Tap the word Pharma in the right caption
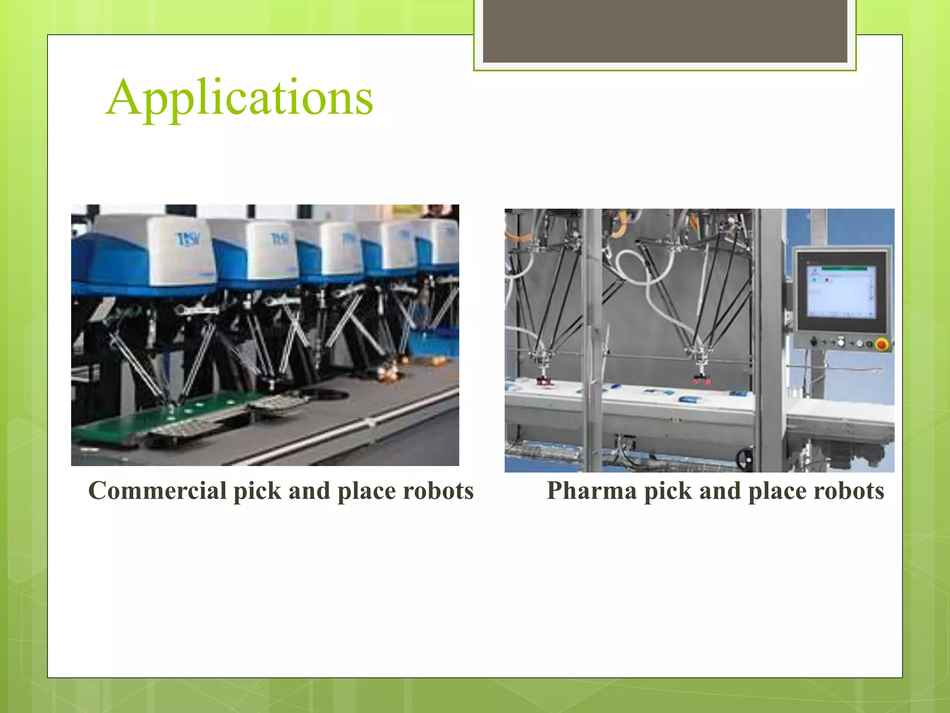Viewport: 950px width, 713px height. (591, 491)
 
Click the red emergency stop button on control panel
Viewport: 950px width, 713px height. (882, 344)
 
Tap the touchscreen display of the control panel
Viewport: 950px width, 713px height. (841, 292)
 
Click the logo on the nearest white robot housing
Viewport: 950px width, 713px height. (188, 240)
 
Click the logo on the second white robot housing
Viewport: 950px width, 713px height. (280, 239)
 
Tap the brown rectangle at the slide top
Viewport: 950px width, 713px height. (665, 31)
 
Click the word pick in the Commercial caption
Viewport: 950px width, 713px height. (257, 491)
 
